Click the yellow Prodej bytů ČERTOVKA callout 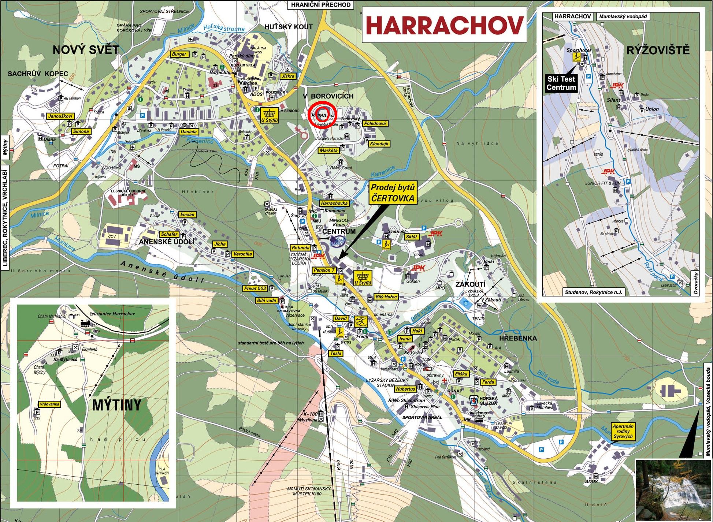pos(393,193)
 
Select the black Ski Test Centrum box pos(561,83)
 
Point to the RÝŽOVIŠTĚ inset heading pos(658,50)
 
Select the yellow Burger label pos(179,54)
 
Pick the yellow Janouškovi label pos(60,116)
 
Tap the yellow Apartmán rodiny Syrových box pos(622,432)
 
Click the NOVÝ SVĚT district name pos(86,50)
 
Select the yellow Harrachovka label pos(334,203)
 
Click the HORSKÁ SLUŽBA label pos(491,400)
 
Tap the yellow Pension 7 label pos(324,270)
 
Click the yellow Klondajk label pos(379,144)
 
